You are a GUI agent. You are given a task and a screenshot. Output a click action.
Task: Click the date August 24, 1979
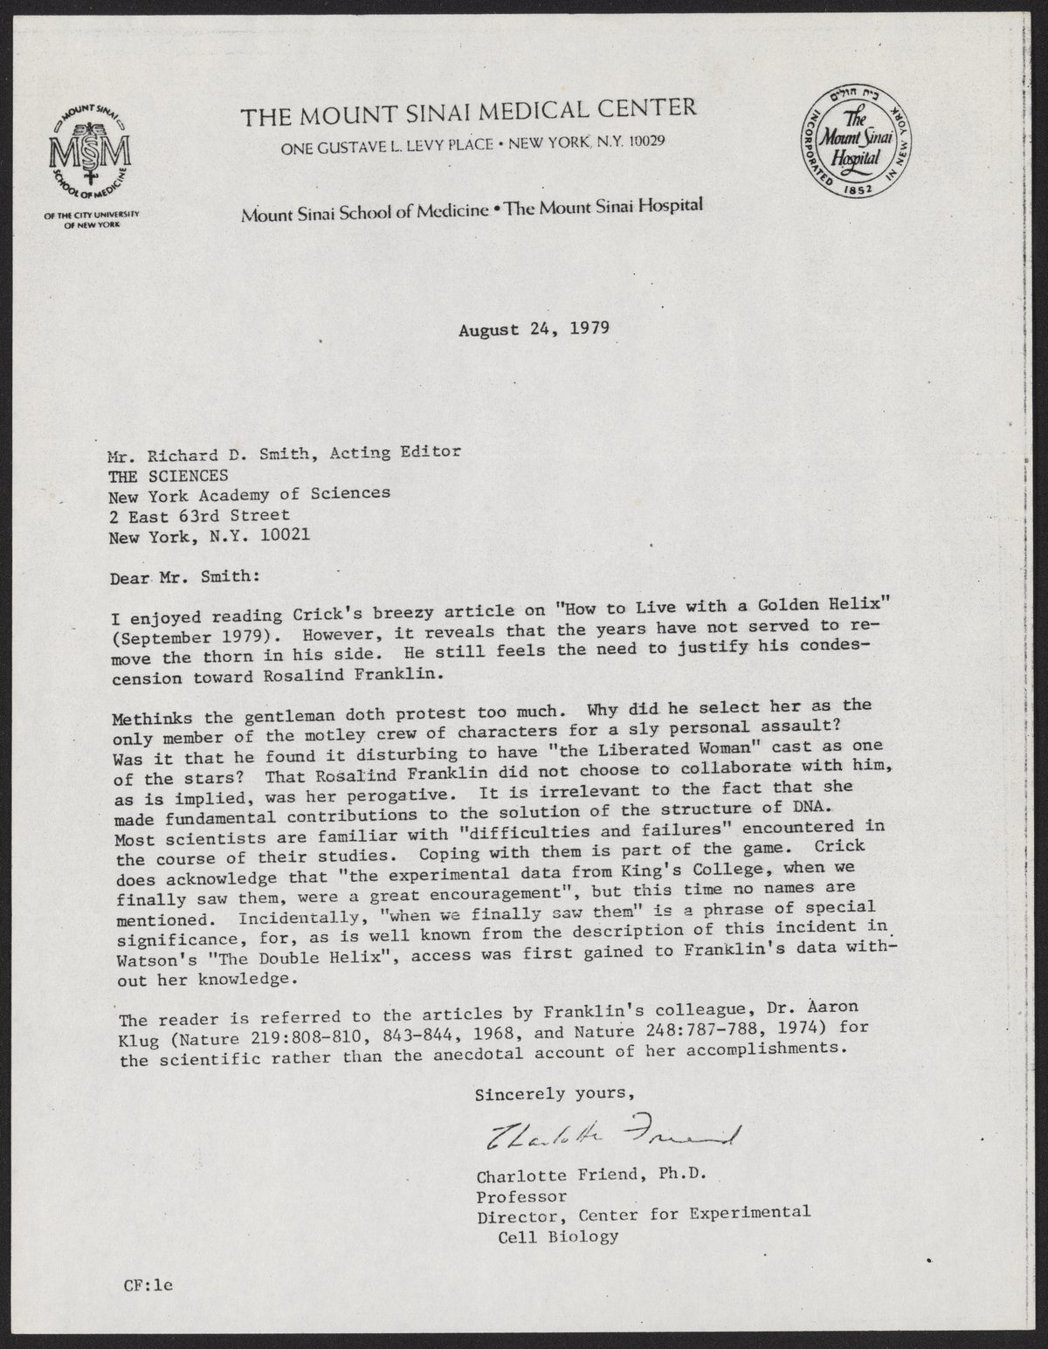click(533, 330)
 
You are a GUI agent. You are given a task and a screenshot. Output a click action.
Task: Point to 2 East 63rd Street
click(198, 516)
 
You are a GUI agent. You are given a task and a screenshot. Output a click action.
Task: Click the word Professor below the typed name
click(521, 1195)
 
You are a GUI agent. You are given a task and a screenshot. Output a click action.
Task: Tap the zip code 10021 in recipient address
click(279, 537)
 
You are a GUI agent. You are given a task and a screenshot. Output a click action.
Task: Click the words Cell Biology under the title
click(558, 1235)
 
